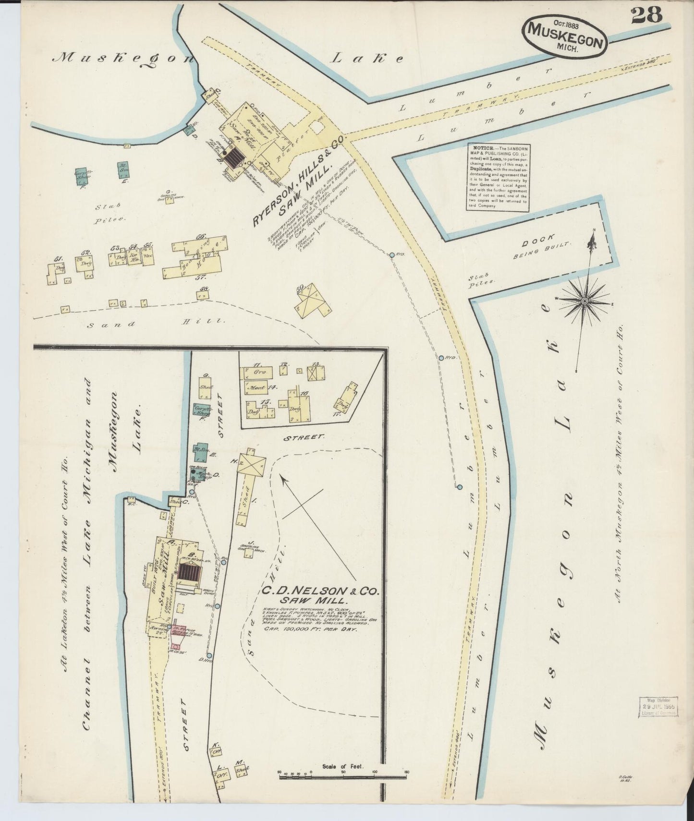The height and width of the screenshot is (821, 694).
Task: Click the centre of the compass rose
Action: pyautogui.click(x=584, y=301)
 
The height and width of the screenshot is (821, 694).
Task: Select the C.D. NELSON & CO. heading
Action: pyautogui.click(x=321, y=592)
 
